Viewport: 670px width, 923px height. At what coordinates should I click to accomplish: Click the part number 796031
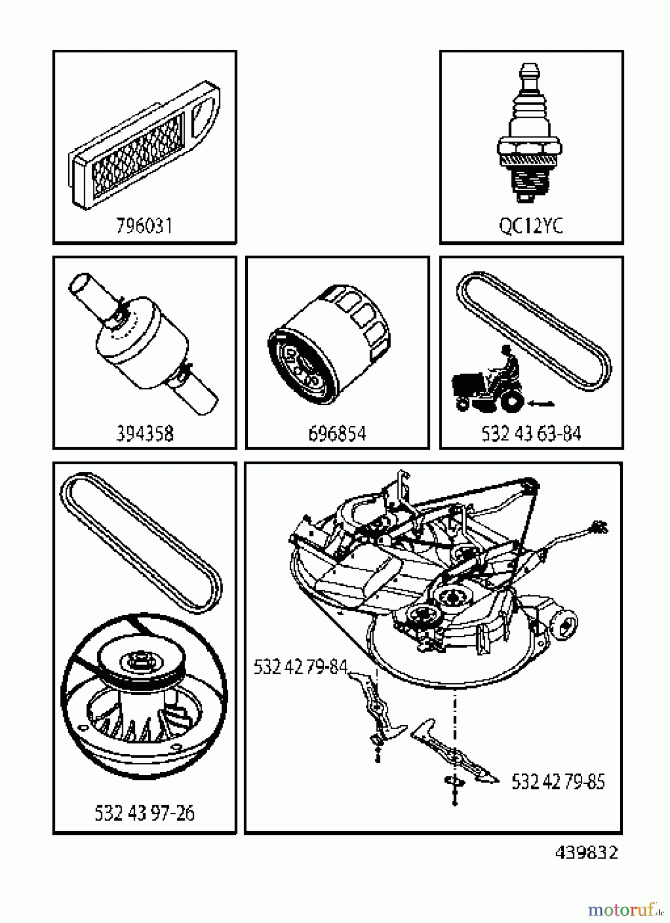(144, 226)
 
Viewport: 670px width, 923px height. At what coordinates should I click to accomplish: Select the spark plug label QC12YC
(530, 226)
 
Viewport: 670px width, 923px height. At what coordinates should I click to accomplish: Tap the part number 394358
(144, 434)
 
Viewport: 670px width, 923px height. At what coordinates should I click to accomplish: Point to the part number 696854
(337, 434)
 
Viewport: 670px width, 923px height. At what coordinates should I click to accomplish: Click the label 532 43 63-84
(531, 434)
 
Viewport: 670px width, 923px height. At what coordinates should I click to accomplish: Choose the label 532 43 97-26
(145, 813)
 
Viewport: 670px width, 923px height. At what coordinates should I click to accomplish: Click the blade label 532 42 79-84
(300, 668)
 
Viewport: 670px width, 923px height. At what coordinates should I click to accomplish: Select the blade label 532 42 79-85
(558, 782)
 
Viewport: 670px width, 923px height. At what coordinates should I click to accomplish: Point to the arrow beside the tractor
(542, 404)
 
